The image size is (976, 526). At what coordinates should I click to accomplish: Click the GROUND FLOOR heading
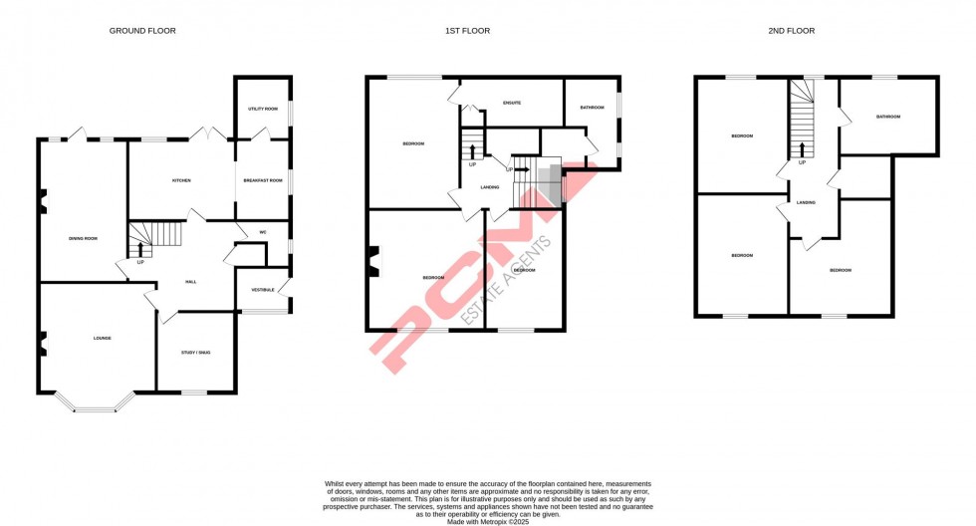tap(142, 31)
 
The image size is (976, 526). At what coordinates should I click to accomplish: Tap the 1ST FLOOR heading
tap(467, 31)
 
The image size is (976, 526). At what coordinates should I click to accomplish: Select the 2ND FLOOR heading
tap(792, 31)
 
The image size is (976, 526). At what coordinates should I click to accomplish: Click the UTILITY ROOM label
tap(263, 108)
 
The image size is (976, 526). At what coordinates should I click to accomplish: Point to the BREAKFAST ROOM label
tap(263, 180)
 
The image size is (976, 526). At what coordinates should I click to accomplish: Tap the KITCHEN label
tap(181, 180)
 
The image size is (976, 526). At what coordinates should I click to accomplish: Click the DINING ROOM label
tap(83, 239)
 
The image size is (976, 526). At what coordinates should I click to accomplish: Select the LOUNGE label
tap(102, 339)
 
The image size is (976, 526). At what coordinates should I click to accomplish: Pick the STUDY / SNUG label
tap(195, 353)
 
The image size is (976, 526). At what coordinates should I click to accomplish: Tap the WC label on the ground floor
tap(263, 232)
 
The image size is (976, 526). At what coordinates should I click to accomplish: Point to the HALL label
tap(190, 282)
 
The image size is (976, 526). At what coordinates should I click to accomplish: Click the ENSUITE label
tap(513, 103)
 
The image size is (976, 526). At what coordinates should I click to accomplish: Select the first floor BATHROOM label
tap(592, 108)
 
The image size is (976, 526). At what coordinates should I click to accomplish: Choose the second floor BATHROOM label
tap(887, 118)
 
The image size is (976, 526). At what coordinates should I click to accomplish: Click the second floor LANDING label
tap(806, 203)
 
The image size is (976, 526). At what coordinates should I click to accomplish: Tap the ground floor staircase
tap(156, 237)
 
